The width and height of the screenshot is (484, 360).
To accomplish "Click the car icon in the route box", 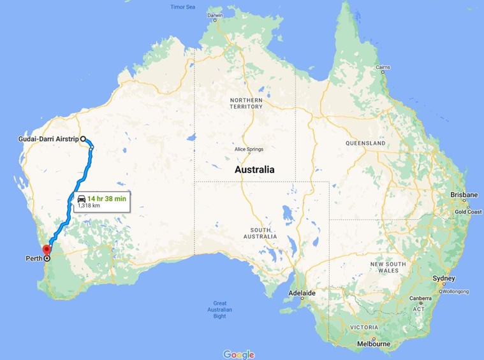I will (x=82, y=198).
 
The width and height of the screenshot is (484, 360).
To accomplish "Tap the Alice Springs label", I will (x=249, y=149).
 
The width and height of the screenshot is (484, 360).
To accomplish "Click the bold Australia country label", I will (x=254, y=170).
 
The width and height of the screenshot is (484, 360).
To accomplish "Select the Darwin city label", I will (x=215, y=15).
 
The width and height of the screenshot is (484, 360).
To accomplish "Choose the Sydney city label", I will (x=444, y=278).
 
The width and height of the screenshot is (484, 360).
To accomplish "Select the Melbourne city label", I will (x=373, y=343).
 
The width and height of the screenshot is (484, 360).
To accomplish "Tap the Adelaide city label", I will (x=303, y=293).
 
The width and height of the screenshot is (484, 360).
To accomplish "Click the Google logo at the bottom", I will (x=239, y=354).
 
